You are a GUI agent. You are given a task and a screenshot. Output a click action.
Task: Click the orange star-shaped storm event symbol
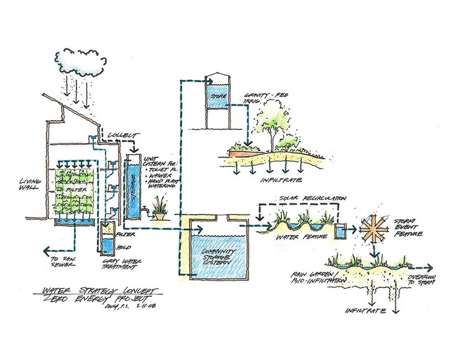point(375,230)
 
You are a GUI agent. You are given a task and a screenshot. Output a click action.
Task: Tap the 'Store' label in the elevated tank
point(217,96)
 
